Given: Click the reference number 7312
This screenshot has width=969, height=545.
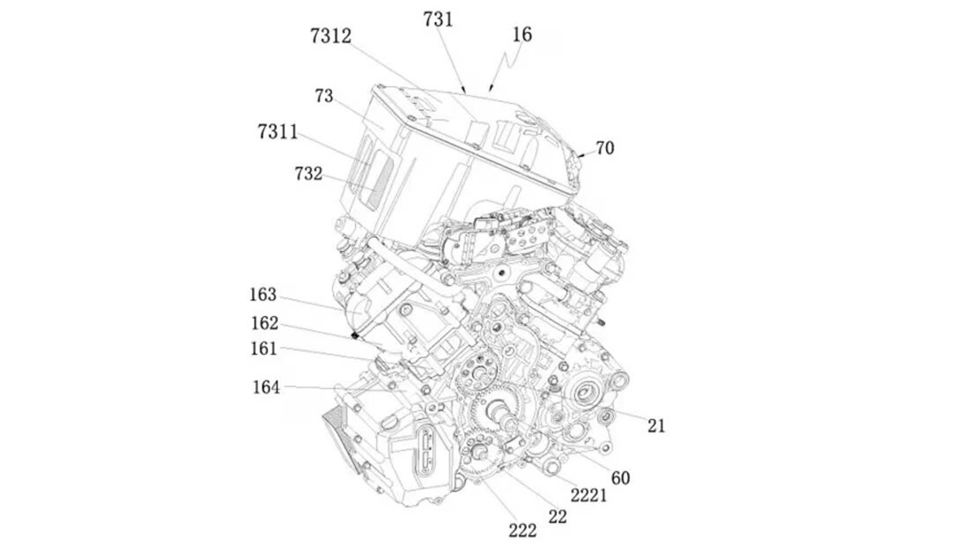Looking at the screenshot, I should [330, 36].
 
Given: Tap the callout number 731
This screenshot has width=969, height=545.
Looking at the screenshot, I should [438, 19].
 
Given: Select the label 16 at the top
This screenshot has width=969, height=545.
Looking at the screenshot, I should [521, 35].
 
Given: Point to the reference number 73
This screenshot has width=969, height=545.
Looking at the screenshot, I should [324, 96].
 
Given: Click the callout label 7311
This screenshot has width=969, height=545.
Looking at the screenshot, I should [277, 131].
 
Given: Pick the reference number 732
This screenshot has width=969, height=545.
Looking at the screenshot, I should [308, 174].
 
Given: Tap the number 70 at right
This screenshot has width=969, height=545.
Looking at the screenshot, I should [604, 148].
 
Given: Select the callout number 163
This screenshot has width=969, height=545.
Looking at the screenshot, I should [263, 295].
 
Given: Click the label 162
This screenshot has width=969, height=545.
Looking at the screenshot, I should [265, 323].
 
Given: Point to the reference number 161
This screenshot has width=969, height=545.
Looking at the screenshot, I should [263, 349].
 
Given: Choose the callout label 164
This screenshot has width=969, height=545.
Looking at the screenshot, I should [266, 387].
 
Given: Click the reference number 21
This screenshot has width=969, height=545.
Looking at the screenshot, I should [656, 426].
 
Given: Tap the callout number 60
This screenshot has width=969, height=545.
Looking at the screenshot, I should [620, 478].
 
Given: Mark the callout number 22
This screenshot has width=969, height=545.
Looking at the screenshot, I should [557, 517].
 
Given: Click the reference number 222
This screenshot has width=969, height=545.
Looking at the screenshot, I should [522, 531].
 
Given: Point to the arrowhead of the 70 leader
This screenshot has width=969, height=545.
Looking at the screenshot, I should [580, 156].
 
